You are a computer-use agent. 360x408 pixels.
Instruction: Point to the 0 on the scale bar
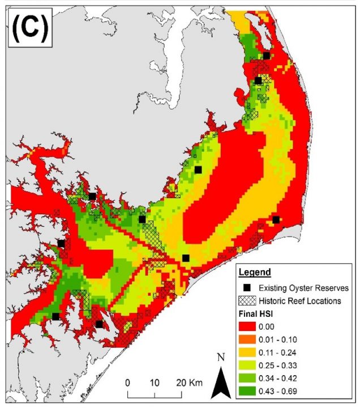(128, 381)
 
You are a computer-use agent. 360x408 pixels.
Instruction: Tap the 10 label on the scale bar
(155, 381)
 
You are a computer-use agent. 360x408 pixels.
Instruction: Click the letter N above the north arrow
(221, 358)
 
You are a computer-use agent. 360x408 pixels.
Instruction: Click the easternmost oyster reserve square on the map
(276, 220)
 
